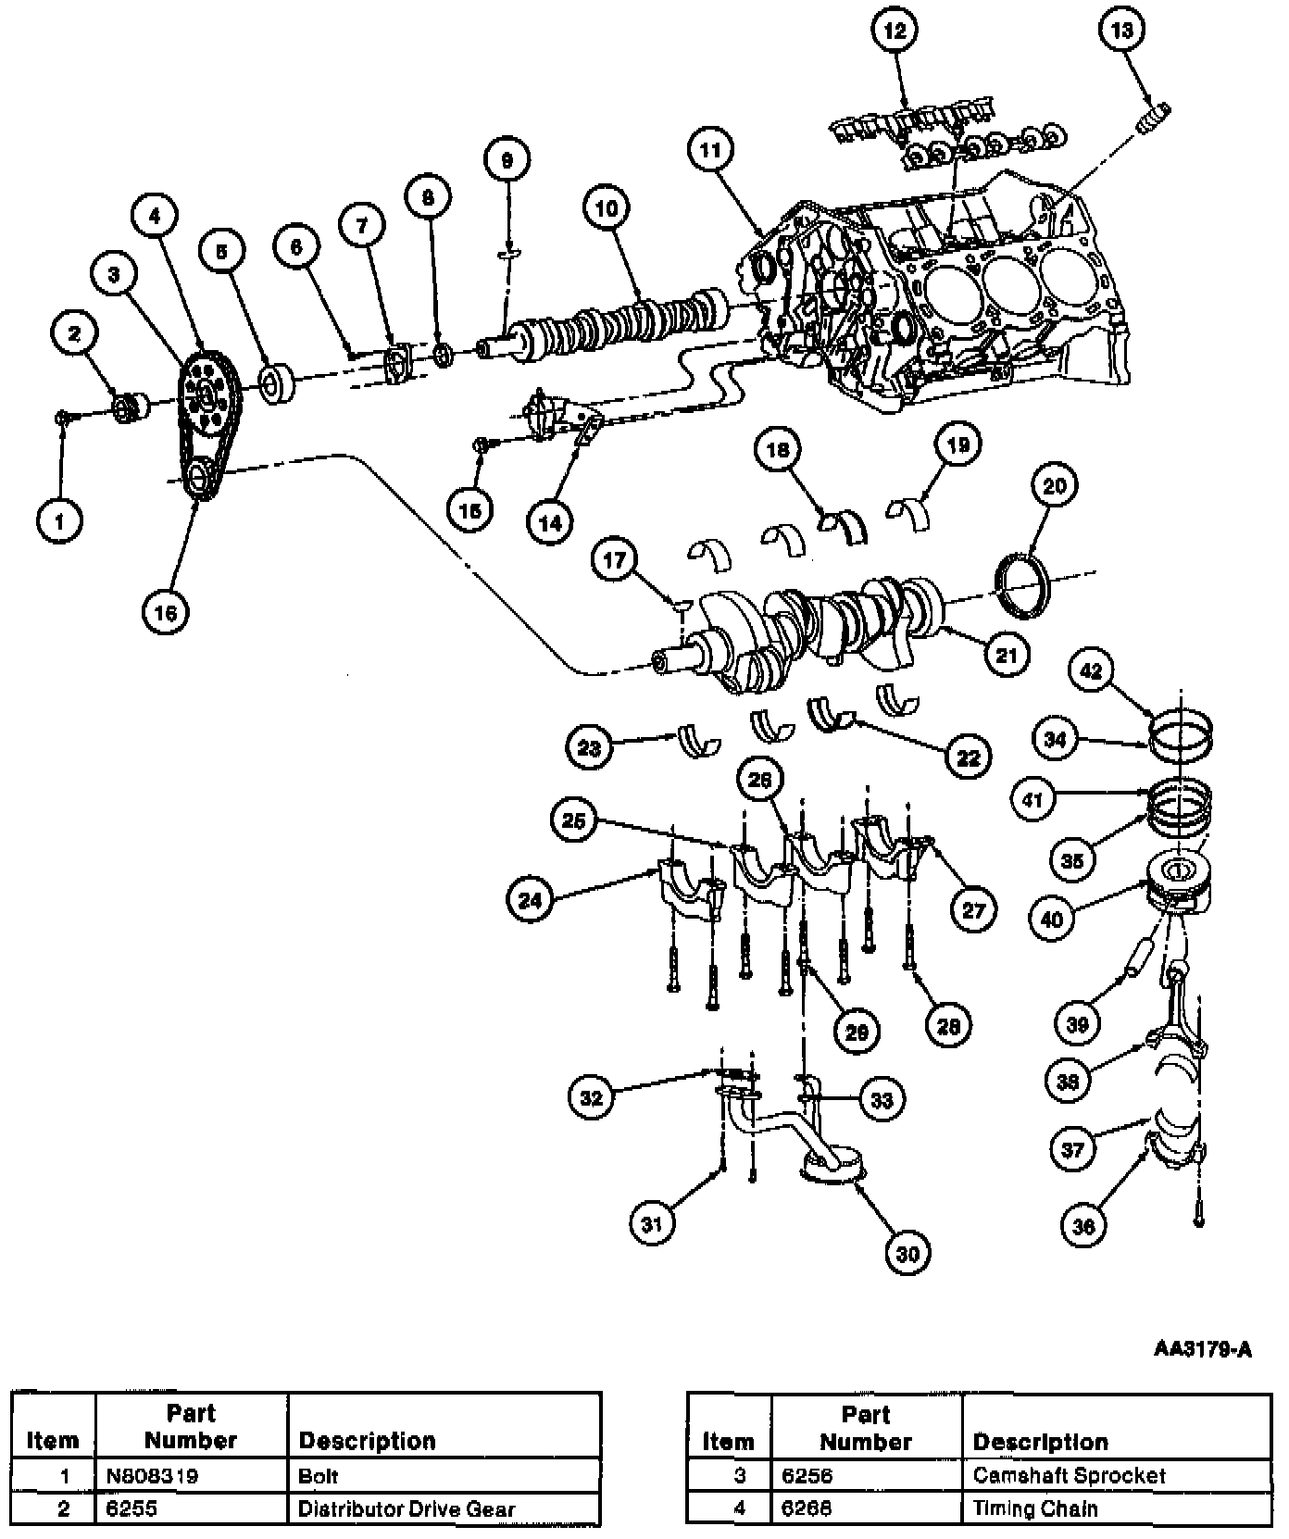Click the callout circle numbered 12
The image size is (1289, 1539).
click(894, 31)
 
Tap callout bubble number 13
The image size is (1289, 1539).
click(1121, 31)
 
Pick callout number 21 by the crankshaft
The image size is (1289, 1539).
click(1007, 655)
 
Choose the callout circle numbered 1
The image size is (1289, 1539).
click(60, 520)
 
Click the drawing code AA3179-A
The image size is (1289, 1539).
click(1202, 1349)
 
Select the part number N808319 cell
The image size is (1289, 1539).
click(152, 1476)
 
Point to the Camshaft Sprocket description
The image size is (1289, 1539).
click(1069, 1476)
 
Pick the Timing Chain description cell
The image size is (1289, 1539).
click(1035, 1508)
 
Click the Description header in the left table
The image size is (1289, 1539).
click(367, 1441)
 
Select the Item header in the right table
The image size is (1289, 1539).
click(728, 1442)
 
